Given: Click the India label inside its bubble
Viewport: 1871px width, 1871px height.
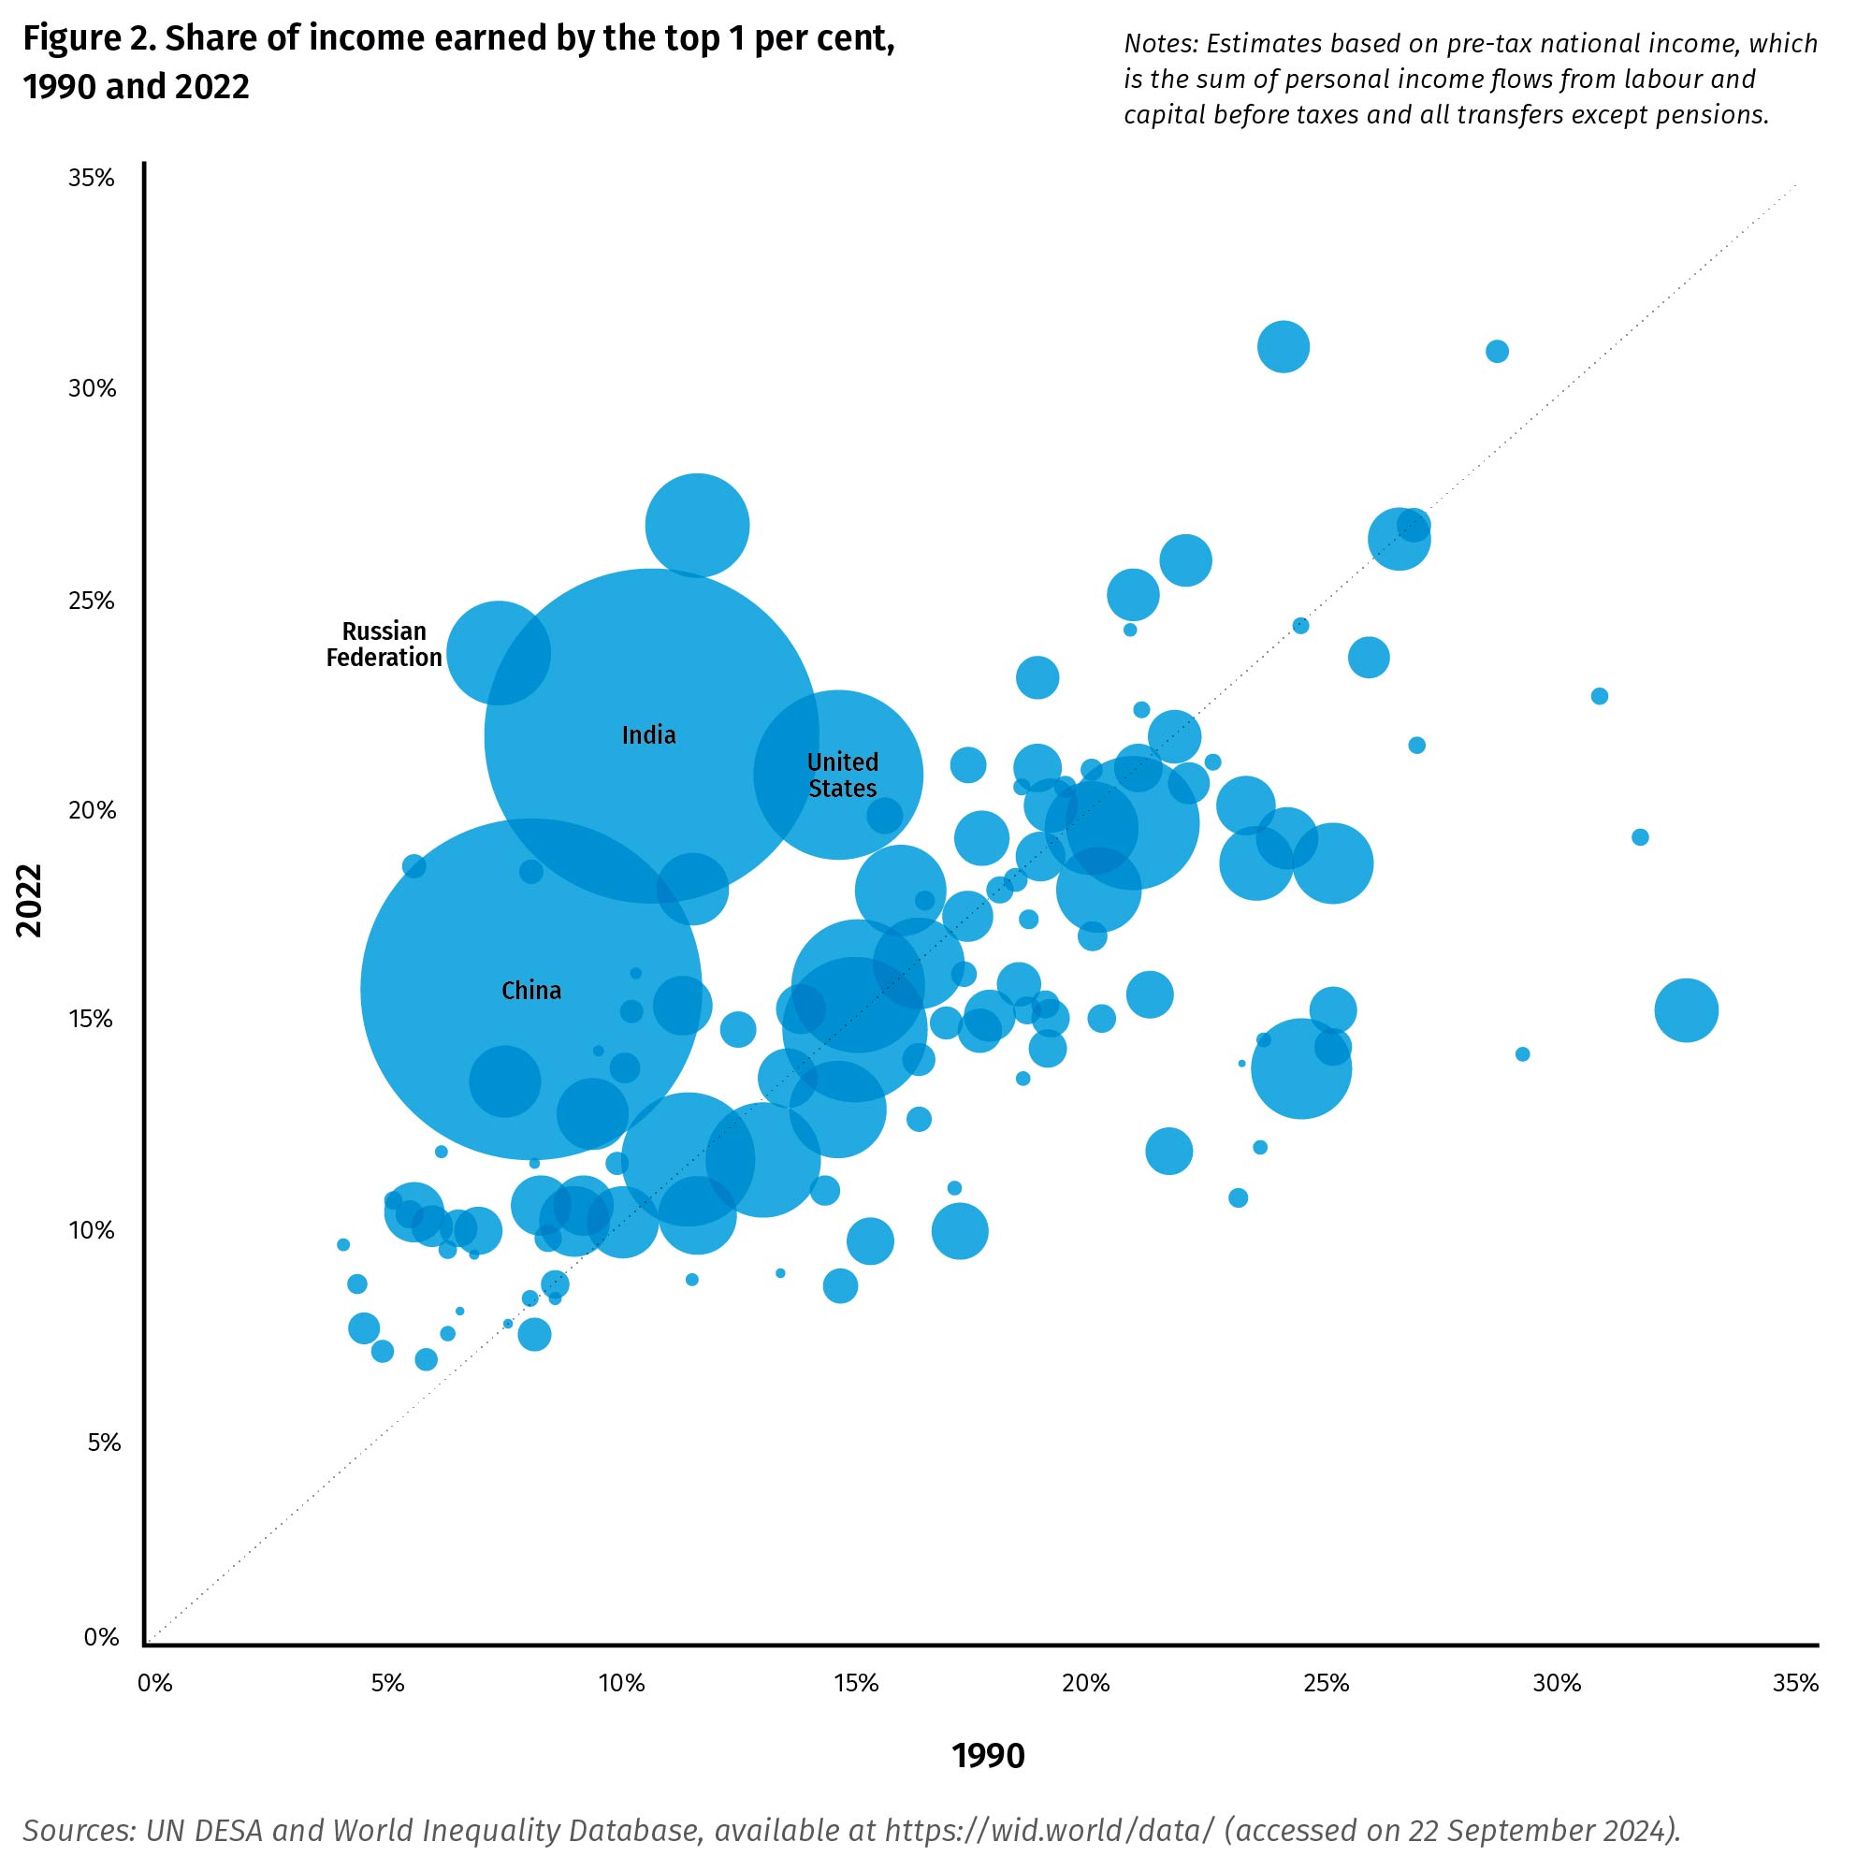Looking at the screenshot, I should (649, 735).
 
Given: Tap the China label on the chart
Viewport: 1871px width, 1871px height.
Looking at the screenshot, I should (530, 990).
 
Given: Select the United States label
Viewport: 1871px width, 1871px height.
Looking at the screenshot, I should (843, 775).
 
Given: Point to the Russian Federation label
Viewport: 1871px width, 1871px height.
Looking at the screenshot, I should (384, 644).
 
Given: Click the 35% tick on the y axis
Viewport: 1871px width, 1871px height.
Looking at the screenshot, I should (91, 178).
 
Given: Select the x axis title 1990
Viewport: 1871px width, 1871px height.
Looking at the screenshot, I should (988, 1756).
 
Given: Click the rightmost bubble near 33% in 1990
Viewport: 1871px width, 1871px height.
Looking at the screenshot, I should (1686, 1010).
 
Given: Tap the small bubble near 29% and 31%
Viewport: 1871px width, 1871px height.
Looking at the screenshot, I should (1497, 351).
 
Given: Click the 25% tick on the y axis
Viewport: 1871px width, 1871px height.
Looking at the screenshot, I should (91, 601).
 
